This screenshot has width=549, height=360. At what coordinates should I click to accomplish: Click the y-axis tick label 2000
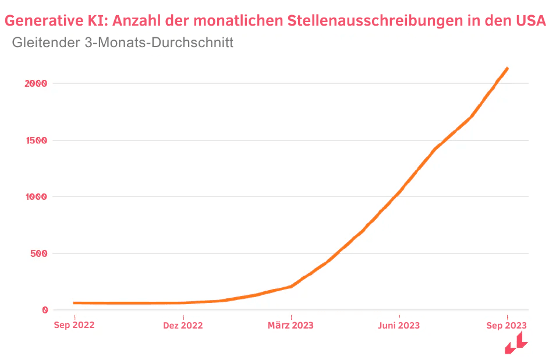click(36, 83)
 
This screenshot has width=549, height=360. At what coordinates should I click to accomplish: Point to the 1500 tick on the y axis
click(36, 140)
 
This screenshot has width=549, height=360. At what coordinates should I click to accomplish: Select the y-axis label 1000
click(36, 197)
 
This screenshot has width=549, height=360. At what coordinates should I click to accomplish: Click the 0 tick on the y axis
click(44, 310)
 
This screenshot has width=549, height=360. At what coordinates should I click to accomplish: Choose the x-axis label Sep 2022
click(74, 325)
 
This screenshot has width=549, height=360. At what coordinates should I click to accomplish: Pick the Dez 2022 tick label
click(183, 326)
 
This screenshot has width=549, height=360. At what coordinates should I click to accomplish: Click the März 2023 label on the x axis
click(291, 325)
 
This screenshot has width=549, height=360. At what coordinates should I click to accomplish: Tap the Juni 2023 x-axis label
click(399, 326)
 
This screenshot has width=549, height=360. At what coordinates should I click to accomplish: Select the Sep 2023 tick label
click(507, 325)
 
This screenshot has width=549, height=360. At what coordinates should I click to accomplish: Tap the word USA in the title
click(530, 22)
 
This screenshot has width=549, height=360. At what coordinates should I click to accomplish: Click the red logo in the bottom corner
click(516, 344)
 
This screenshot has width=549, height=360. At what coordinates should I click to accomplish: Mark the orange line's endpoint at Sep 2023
click(507, 69)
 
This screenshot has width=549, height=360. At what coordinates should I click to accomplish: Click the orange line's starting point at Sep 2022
click(75, 303)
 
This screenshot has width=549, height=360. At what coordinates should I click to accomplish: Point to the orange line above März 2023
click(291, 287)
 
